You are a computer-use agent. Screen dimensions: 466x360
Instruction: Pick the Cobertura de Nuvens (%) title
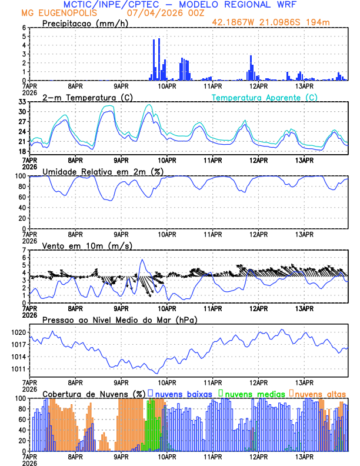click(94, 393)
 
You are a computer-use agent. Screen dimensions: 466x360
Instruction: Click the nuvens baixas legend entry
click(182, 393)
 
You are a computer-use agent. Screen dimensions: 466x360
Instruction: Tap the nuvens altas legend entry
click(320, 393)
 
